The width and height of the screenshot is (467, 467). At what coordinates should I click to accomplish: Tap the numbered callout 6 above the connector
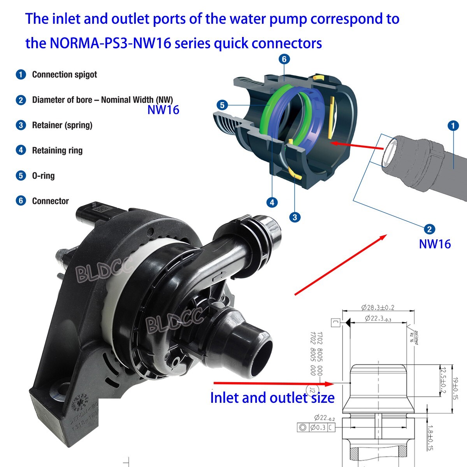284,59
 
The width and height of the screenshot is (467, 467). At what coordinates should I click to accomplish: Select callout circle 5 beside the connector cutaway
222,105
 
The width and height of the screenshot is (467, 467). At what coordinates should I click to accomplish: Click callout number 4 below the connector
272,202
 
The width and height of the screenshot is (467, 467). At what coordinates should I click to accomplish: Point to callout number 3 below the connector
295,217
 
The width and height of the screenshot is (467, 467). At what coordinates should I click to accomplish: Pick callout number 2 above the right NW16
429,229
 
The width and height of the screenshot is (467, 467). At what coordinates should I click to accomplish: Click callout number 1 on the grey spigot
453,126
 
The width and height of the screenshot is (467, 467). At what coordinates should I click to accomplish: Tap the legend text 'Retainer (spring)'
62,125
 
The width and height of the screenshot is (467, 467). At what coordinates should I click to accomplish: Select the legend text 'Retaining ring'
57,151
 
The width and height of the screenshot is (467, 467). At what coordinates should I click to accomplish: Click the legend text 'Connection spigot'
65,75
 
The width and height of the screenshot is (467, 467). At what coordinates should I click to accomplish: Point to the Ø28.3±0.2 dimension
377,307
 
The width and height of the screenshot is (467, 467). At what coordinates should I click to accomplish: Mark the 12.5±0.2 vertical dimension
442,379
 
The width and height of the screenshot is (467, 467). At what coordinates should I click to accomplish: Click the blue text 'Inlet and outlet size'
272,398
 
